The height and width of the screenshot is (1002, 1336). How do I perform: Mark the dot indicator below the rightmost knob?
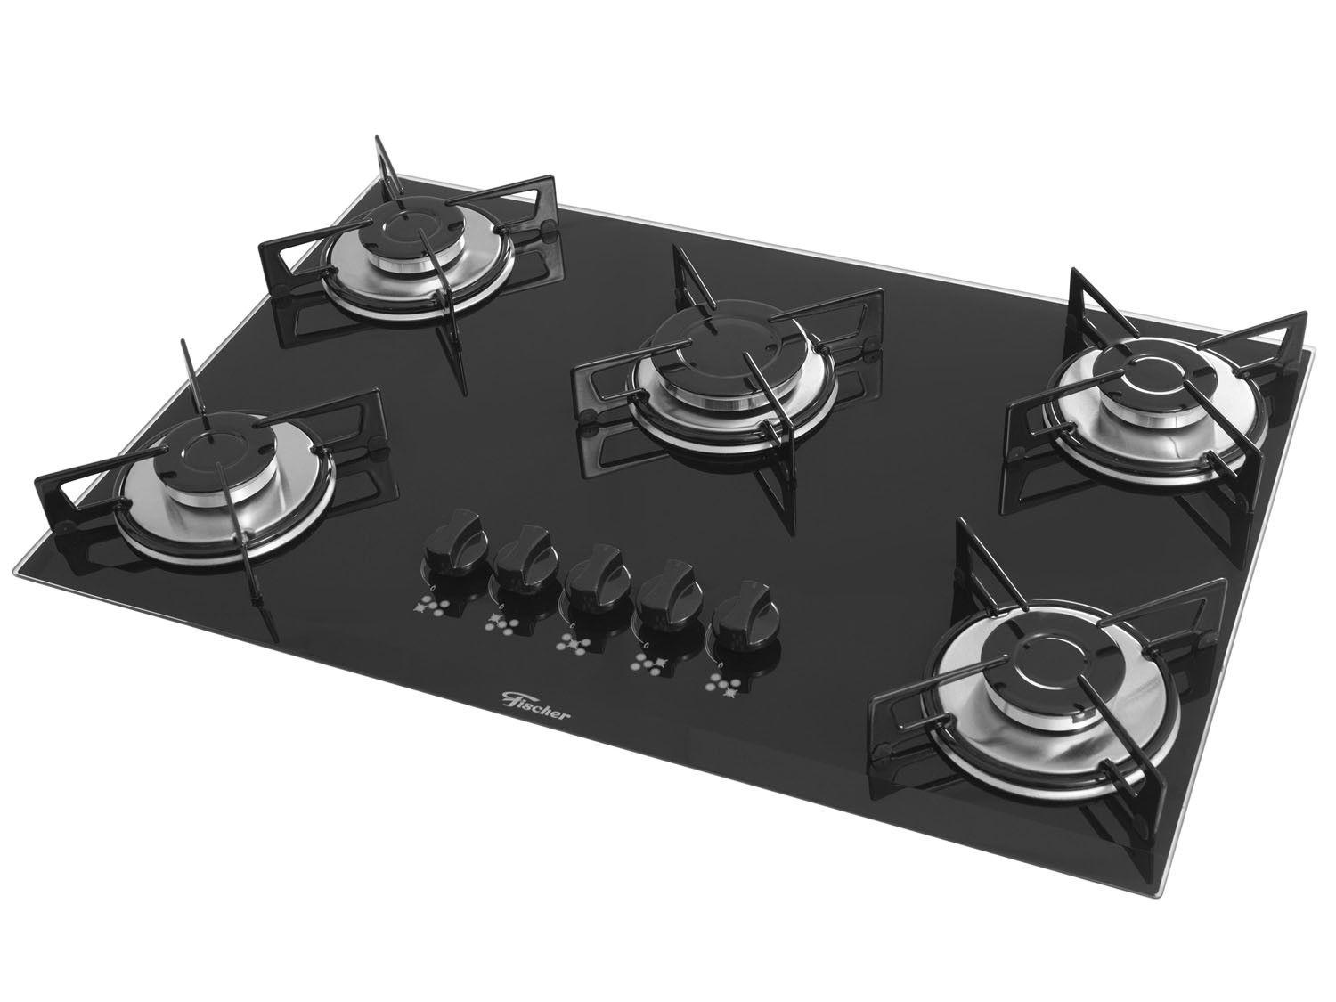(x=722, y=684)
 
